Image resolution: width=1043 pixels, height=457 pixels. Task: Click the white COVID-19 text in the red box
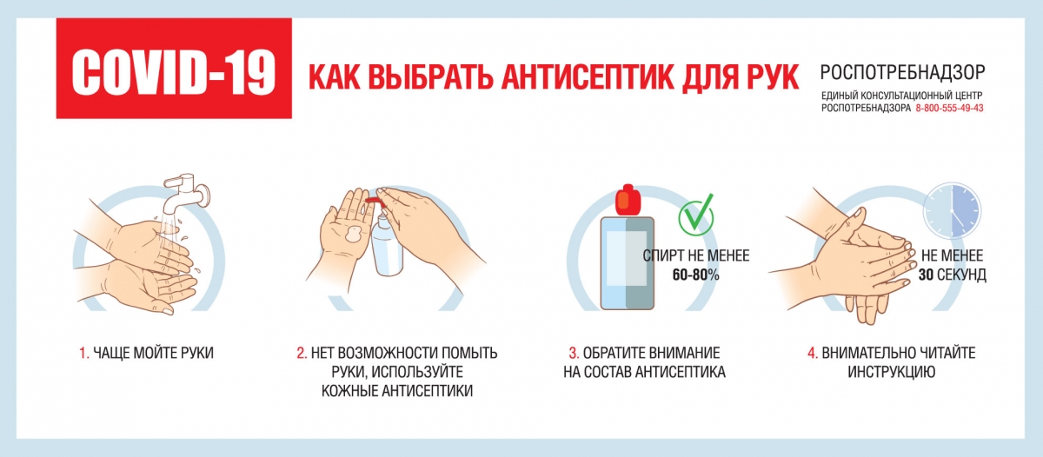click(x=173, y=73)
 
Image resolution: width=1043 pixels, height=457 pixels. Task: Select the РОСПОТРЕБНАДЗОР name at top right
click(x=902, y=72)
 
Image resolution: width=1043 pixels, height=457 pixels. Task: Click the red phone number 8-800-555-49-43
click(x=949, y=108)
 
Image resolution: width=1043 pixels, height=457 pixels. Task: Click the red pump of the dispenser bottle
click(x=375, y=202)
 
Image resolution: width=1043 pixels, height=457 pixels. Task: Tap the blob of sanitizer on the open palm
click(x=355, y=234)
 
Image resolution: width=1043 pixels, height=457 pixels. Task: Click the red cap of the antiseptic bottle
click(x=628, y=200)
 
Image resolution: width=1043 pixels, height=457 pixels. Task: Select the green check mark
click(x=696, y=215)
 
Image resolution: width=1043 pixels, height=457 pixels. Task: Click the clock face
click(x=952, y=211)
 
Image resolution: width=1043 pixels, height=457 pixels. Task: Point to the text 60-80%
click(x=695, y=275)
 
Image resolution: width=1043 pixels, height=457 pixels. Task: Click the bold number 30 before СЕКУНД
click(x=926, y=275)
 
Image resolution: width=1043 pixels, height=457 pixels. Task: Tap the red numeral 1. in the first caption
click(x=84, y=354)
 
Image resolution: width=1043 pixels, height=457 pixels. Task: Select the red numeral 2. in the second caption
click(x=302, y=354)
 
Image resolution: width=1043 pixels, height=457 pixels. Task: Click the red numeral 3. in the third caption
click(x=574, y=354)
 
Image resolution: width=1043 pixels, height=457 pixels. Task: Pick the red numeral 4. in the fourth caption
click(x=813, y=354)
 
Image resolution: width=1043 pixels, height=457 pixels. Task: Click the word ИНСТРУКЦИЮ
click(x=891, y=373)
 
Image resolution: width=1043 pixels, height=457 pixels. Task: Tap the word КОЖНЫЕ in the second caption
click(x=349, y=391)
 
